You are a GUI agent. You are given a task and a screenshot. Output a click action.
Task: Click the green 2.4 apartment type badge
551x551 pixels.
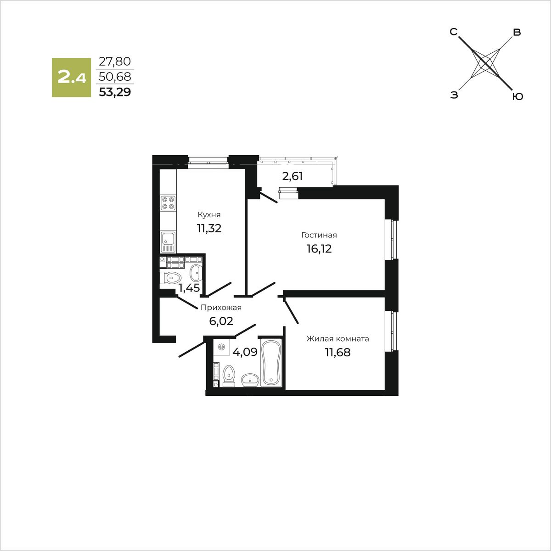tap(71, 77)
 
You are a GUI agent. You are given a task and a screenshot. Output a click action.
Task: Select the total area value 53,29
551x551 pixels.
tap(115, 92)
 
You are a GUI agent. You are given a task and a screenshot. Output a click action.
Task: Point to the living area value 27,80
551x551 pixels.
tap(115, 61)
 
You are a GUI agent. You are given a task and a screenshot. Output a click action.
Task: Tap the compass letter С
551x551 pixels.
tap(453, 32)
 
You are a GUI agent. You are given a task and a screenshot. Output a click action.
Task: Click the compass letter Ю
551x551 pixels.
tap(517, 96)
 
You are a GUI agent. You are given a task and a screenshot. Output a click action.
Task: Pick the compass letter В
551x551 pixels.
tap(517, 33)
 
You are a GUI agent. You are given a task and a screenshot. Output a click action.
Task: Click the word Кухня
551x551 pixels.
tap(209, 215)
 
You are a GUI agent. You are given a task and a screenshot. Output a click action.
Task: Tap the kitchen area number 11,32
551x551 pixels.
tap(209, 228)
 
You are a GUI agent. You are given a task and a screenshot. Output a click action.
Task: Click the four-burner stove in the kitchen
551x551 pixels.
tap(168, 203)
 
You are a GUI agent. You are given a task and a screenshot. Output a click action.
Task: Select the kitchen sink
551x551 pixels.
tap(168, 241)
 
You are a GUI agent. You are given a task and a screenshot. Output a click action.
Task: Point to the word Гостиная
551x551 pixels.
tap(319, 235)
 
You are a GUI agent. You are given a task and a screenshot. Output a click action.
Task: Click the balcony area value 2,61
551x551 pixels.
tap(292, 176)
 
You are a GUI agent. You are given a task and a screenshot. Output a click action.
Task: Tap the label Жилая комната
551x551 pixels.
tap(338, 339)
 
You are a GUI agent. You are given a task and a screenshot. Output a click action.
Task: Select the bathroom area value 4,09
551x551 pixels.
tap(245, 353)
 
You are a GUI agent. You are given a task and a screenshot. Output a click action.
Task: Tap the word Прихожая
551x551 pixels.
tap(221, 308)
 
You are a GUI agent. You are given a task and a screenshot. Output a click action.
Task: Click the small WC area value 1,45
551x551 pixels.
tap(189, 288)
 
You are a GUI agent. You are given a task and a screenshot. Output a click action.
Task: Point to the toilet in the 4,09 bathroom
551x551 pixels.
tap(228, 374)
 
